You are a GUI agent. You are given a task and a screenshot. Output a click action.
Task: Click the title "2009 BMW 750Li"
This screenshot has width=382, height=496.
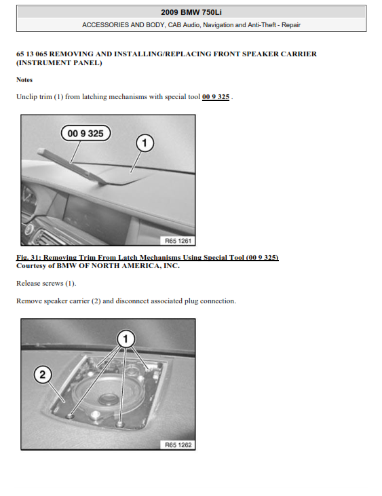[191, 12]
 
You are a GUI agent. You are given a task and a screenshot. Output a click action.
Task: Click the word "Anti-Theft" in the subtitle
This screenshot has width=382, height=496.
[261, 24]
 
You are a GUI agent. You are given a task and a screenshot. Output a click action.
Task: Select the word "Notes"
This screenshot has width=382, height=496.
[24, 79]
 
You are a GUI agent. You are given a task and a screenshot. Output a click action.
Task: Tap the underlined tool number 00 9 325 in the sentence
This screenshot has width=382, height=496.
[216, 97]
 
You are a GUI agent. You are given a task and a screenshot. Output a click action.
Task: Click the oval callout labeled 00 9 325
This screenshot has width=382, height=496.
[85, 133]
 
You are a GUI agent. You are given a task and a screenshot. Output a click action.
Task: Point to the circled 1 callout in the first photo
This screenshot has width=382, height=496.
[145, 143]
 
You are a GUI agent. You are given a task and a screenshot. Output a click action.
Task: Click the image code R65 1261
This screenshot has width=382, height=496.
[178, 241]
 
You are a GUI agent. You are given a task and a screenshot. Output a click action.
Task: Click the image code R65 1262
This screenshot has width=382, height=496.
[178, 444]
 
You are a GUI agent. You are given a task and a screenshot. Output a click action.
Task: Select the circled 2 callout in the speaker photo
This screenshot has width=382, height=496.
[43, 375]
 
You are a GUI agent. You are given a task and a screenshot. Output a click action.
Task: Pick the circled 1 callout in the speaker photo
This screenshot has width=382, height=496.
[126, 339]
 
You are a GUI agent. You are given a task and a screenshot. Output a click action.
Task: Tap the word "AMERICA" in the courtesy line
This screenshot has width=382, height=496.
[142, 266]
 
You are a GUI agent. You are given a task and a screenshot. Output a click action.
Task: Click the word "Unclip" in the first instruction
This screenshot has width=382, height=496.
[26, 97]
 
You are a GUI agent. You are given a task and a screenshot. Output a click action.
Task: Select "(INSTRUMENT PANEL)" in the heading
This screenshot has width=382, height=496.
[59, 62]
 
